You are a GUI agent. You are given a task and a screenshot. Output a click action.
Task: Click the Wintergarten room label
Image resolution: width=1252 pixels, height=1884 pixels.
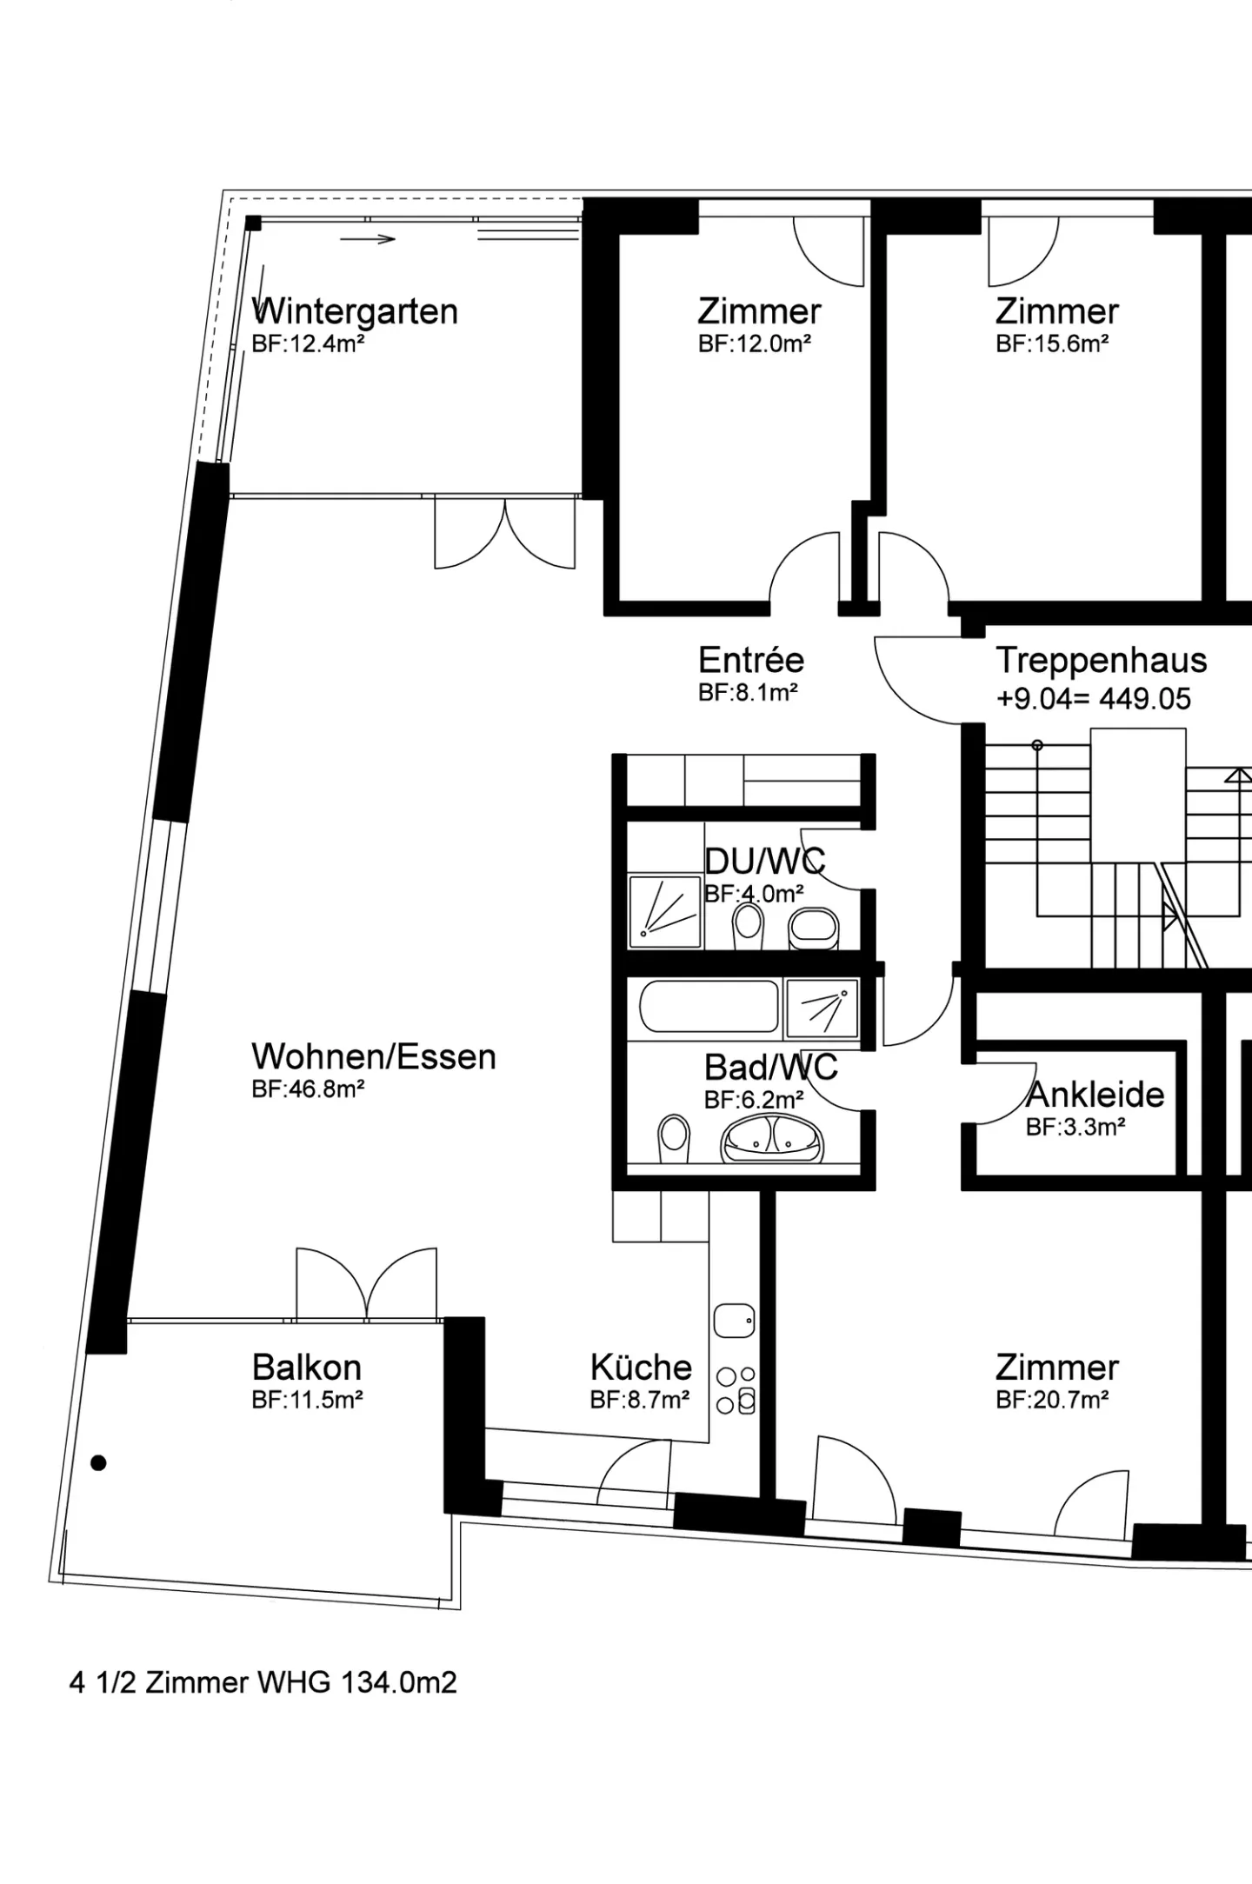(x=355, y=311)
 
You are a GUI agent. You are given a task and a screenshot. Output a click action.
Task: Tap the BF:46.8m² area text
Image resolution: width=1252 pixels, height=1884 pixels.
(x=308, y=1088)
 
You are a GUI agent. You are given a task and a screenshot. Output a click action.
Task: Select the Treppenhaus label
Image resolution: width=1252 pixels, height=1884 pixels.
(x=1102, y=661)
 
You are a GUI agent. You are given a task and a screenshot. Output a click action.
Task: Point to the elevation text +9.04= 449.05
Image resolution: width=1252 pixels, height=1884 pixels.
(x=1094, y=699)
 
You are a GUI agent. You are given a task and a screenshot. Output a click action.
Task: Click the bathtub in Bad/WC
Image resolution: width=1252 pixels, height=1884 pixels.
(x=709, y=1007)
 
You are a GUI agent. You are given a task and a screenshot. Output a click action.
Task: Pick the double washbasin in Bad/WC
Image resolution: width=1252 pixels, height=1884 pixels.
(x=772, y=1139)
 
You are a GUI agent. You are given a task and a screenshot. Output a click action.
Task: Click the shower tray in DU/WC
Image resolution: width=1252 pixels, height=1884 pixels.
(x=665, y=911)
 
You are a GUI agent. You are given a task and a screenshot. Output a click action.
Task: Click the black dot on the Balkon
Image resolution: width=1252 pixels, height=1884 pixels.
(x=98, y=1463)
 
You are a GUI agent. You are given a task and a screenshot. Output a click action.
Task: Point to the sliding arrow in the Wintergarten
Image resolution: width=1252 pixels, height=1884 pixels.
(x=368, y=239)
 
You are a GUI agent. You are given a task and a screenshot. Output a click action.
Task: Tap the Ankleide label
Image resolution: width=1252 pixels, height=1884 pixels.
(x=1095, y=1095)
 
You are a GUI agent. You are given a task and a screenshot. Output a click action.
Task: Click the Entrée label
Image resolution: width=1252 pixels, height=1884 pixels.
(x=751, y=661)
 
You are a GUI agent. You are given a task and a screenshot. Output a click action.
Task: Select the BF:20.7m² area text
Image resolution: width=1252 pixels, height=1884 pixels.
(x=1052, y=1399)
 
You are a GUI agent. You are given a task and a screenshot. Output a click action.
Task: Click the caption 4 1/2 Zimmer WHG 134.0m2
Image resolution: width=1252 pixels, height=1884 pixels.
(x=263, y=1682)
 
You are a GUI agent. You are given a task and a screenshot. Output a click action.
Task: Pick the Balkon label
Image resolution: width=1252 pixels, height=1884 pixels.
(x=307, y=1368)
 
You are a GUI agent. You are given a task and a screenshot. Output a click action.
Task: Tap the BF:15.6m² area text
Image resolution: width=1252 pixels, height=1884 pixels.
(x=1052, y=343)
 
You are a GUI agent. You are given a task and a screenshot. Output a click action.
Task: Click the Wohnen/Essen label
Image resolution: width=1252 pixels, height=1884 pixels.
(x=374, y=1057)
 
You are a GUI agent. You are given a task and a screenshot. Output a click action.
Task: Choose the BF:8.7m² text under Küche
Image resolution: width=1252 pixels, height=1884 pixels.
(x=640, y=1399)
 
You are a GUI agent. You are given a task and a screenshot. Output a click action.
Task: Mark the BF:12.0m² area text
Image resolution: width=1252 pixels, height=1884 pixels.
(x=755, y=343)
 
